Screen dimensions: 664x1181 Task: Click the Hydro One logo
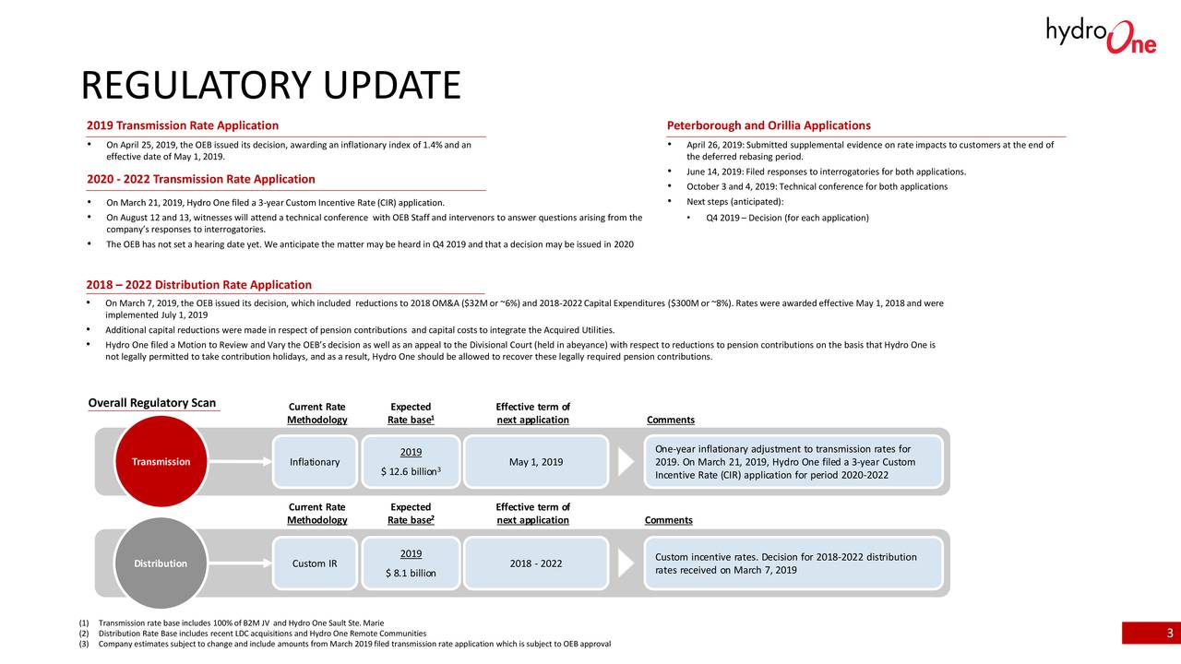point(1101,35)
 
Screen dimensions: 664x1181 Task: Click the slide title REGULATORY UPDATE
point(270,86)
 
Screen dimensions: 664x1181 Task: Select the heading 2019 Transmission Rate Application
point(183,125)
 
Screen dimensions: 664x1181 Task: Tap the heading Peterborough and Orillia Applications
point(768,125)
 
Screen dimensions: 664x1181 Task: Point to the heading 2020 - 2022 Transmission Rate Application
point(200,179)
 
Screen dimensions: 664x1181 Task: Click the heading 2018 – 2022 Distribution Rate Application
point(198,285)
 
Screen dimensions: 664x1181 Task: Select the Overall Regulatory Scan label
point(152,402)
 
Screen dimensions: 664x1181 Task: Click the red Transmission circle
point(161,462)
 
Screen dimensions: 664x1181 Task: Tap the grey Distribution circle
point(161,563)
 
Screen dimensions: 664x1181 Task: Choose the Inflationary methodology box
point(315,462)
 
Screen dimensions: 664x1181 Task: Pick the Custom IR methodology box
point(315,563)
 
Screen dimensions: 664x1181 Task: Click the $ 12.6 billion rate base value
point(411,473)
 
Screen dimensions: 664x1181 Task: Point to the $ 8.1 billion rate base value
point(411,574)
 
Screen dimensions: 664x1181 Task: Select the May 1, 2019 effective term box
point(536,462)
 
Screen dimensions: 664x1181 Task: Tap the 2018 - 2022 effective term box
point(536,563)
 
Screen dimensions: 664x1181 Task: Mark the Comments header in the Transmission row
point(671,421)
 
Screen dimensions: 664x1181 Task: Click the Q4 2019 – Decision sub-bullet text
point(787,218)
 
